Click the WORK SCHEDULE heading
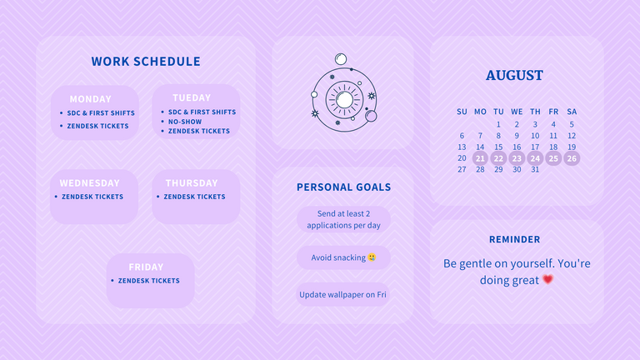(x=146, y=61)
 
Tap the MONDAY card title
(x=90, y=99)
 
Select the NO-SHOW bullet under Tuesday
(x=185, y=122)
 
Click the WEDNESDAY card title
(x=89, y=183)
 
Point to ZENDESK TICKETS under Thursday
(x=194, y=197)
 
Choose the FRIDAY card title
(x=146, y=267)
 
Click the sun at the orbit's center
(x=344, y=100)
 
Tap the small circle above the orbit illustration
(x=341, y=59)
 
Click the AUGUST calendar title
(x=514, y=76)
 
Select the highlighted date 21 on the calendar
(x=480, y=158)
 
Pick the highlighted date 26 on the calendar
(x=572, y=158)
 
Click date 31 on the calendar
(x=535, y=169)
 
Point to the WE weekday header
(x=517, y=112)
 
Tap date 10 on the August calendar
(x=535, y=136)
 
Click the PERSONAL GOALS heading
(x=343, y=187)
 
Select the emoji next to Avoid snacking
(x=372, y=257)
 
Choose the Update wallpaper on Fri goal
(x=342, y=295)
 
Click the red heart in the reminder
(x=547, y=280)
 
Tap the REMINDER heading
(x=515, y=240)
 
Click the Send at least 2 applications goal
(x=343, y=220)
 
